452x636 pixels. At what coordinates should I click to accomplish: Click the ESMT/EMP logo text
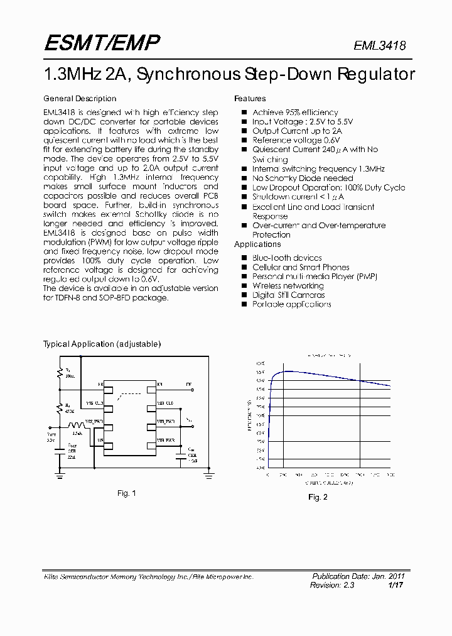tap(102, 43)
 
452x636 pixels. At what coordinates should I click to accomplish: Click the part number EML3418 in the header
tap(380, 46)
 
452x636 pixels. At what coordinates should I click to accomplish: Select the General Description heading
tap(80, 99)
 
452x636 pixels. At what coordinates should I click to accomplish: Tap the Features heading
tap(250, 99)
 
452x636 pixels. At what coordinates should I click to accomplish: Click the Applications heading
tap(257, 244)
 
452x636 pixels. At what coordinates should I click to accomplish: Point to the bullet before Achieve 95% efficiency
tap(244, 112)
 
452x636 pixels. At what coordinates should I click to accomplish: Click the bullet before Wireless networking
tap(244, 286)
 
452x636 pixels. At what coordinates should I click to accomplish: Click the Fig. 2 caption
tap(318, 497)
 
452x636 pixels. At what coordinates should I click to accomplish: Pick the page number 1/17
tap(396, 585)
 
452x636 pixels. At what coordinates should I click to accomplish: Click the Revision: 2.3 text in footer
tap(332, 585)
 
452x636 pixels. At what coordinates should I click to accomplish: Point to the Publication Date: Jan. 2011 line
tap(358, 576)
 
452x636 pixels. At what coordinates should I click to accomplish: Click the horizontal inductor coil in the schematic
tap(77, 425)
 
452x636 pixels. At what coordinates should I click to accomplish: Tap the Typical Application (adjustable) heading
tap(102, 344)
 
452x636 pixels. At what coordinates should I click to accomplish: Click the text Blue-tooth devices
tap(287, 258)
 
